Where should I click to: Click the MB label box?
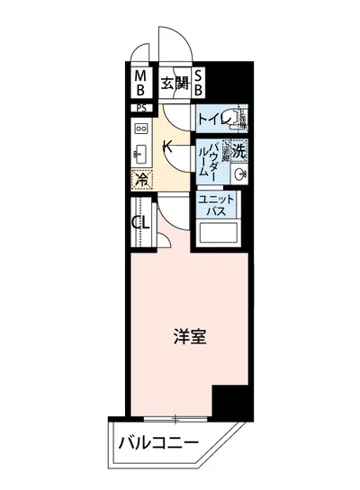[x=140, y=84]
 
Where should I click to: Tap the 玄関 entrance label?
[x=175, y=85]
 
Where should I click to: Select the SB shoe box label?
[x=199, y=84]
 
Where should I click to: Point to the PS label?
[x=140, y=107]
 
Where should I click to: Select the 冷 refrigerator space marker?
[x=141, y=178]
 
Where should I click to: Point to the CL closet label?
[x=139, y=222]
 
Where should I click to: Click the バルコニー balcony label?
[x=158, y=443]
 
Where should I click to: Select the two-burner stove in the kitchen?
[x=142, y=129]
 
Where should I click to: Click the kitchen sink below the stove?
[x=141, y=154]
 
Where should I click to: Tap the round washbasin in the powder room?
[x=238, y=171]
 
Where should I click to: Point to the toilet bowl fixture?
[x=240, y=119]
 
